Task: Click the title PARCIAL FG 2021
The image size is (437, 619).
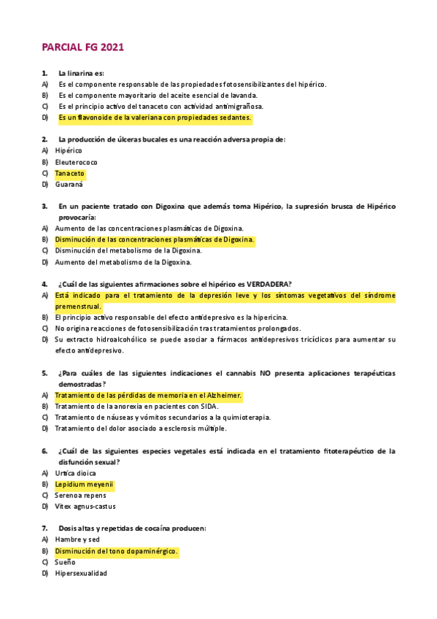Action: (x=82, y=47)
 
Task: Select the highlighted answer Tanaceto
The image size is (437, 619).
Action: (x=70, y=174)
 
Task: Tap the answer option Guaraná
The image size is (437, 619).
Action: (x=69, y=185)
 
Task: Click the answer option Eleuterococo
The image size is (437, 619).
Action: (x=76, y=162)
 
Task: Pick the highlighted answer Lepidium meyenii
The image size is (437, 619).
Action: (x=85, y=485)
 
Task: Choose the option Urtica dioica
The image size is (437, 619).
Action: (x=75, y=473)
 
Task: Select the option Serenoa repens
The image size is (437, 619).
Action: (x=80, y=496)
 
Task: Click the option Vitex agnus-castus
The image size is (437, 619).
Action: (x=85, y=507)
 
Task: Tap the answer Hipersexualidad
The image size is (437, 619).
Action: (x=81, y=574)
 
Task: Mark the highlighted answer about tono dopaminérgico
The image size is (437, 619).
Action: (x=117, y=551)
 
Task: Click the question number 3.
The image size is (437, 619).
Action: (x=45, y=207)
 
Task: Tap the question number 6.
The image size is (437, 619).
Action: (x=45, y=451)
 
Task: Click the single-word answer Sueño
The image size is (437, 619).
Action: (x=66, y=562)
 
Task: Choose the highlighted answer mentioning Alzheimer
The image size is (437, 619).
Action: (x=148, y=396)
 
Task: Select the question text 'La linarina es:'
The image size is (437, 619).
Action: (x=81, y=73)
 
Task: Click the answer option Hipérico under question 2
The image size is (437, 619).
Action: (x=69, y=150)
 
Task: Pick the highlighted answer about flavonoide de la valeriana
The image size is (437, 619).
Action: (x=155, y=118)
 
